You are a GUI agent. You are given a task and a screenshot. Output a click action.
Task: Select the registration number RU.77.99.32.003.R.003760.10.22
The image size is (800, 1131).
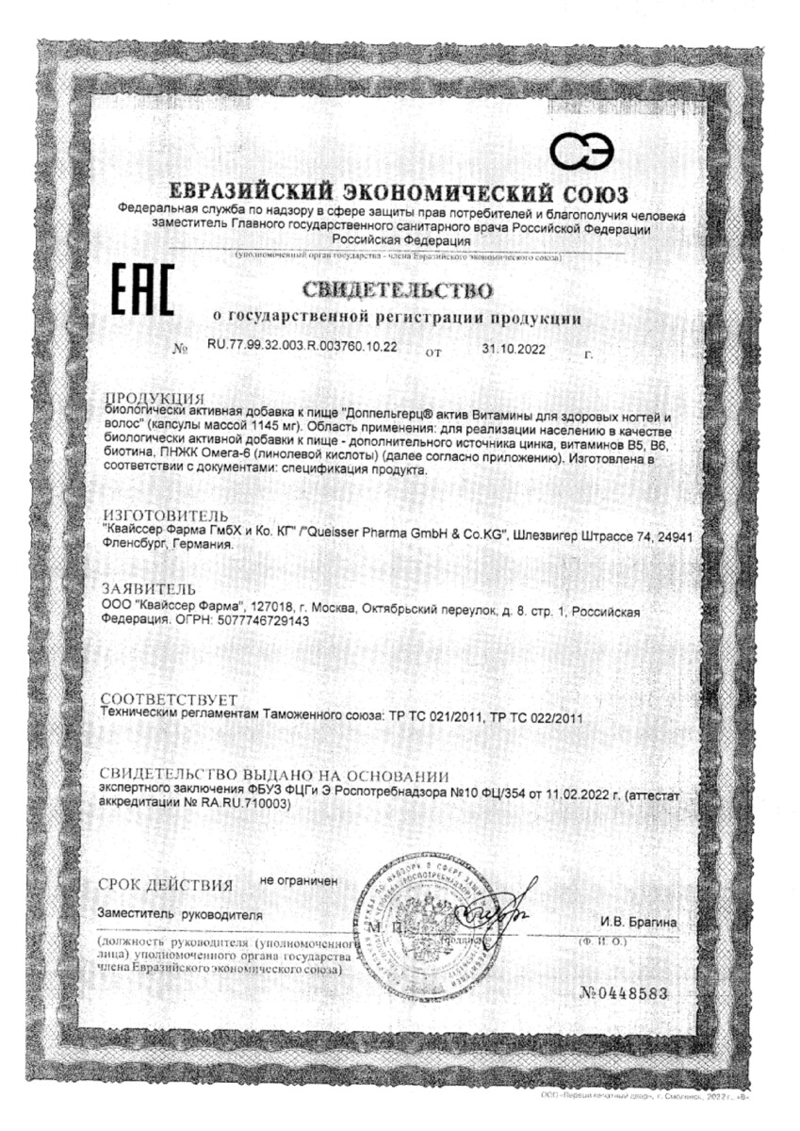click(302, 347)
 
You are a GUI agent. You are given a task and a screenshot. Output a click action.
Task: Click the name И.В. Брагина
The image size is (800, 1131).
click(638, 921)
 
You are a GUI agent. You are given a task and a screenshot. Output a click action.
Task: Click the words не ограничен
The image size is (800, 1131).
click(298, 880)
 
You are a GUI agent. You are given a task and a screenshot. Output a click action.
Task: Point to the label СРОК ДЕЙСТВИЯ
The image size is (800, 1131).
click(165, 885)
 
